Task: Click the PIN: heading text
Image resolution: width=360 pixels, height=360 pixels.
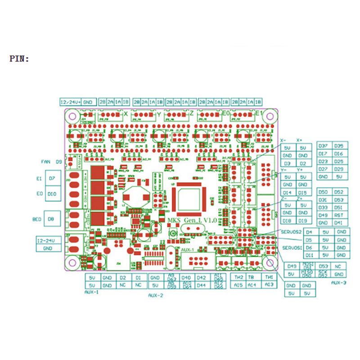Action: tap(19, 58)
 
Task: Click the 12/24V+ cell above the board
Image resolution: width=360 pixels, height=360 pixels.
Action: tap(71, 102)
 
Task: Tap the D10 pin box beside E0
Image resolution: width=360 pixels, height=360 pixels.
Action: tap(52, 194)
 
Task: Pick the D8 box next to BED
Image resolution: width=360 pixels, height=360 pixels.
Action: tap(52, 219)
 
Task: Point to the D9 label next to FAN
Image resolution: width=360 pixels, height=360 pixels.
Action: tap(58, 162)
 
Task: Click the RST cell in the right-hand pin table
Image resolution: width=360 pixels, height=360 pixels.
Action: tap(339, 216)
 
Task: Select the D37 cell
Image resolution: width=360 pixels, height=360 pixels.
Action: tap(323, 146)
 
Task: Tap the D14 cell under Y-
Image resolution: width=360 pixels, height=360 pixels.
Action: tap(288, 193)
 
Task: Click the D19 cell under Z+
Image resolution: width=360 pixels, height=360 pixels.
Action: tap(303, 220)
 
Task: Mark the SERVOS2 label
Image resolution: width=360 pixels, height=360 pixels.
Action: tap(291, 232)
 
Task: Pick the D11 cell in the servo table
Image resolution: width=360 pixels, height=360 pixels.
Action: tap(309, 255)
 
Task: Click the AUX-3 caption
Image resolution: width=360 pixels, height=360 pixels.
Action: tap(338, 283)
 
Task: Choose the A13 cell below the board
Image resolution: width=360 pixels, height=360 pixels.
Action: tap(269, 285)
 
